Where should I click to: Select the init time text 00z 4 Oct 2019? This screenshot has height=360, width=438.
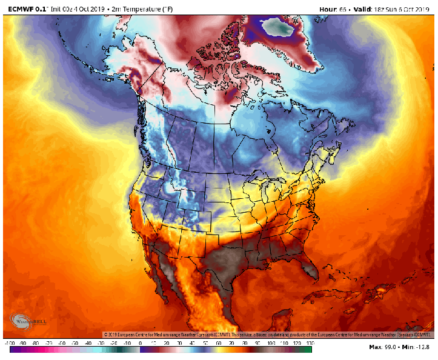[76, 8]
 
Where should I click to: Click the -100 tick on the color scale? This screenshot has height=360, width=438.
[9, 343]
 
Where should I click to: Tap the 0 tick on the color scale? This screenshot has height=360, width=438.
[141, 343]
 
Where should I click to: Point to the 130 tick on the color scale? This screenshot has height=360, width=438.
[311, 343]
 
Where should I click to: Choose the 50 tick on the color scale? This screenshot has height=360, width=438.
[206, 343]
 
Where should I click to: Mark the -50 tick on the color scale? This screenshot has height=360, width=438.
[75, 343]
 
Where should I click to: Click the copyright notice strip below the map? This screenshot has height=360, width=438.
[267, 335]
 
